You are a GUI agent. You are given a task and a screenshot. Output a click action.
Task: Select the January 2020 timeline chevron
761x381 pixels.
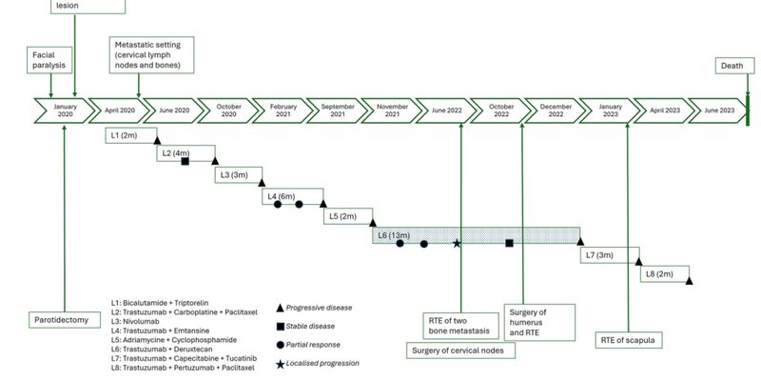point(65,110)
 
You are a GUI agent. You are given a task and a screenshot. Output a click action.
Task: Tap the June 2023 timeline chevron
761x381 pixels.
point(718,110)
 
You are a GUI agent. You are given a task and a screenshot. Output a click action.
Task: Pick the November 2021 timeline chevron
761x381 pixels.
point(386,110)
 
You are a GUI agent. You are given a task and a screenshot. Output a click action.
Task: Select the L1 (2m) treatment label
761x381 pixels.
point(125,135)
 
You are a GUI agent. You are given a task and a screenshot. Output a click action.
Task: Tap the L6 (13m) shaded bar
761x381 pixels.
point(476,234)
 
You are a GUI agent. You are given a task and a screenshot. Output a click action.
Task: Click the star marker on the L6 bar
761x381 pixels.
point(457,244)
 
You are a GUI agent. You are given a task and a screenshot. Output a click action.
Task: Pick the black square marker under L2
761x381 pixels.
point(185,161)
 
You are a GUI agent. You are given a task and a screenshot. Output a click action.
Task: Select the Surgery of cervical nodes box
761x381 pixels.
point(461,351)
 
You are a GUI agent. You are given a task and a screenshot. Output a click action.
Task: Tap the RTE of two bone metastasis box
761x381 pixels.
point(461,324)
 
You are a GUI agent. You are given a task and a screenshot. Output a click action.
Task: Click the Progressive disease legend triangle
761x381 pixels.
point(280,308)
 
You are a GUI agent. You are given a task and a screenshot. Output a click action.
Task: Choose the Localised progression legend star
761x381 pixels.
point(280,363)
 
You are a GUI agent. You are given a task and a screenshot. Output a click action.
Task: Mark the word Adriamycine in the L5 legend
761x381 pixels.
point(150,340)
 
